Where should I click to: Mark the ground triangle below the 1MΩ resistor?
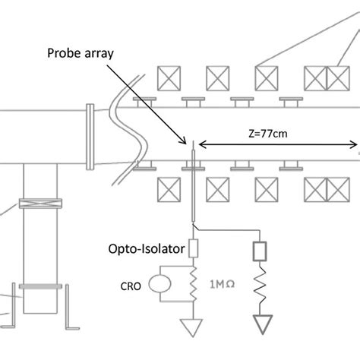tap(192, 327)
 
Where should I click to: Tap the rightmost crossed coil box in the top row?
tap(338, 77)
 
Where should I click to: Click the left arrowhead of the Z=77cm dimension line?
tap(204, 146)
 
